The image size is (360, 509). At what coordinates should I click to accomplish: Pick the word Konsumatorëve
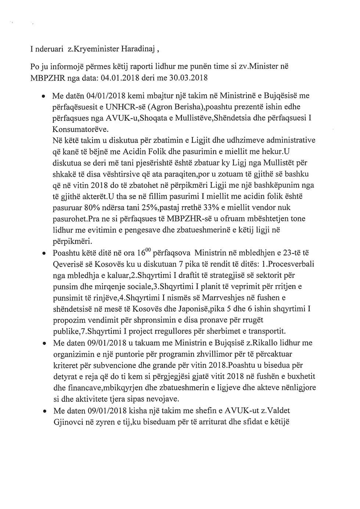coord(81,129)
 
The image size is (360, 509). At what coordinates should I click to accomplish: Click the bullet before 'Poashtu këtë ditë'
coord(44,254)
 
